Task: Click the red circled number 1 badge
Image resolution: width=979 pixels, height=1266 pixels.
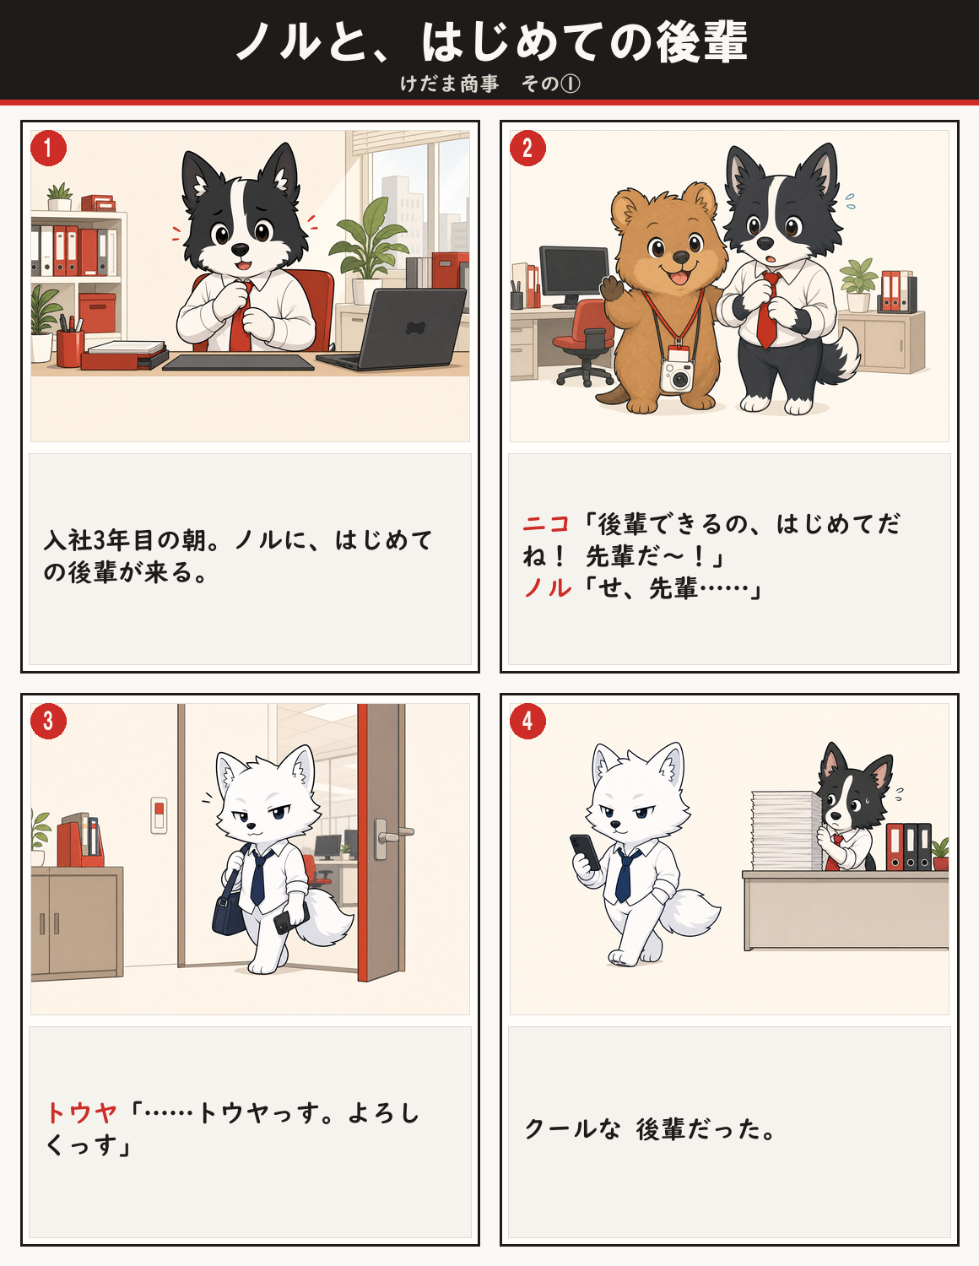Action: pyautogui.click(x=48, y=148)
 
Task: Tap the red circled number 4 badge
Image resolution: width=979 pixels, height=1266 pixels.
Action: pyautogui.click(x=527, y=722)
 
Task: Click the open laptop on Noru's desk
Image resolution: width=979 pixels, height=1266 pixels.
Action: pyautogui.click(x=402, y=328)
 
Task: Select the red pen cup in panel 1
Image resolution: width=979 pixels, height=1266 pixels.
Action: pyautogui.click(x=70, y=347)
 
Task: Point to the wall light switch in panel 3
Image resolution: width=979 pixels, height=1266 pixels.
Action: pyautogui.click(x=159, y=815)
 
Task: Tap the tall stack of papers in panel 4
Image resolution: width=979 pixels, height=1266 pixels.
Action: pyautogui.click(x=786, y=830)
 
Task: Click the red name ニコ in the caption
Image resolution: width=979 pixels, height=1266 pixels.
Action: pyautogui.click(x=545, y=524)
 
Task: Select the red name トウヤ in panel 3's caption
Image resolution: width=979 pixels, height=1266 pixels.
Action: pyautogui.click(x=82, y=1112)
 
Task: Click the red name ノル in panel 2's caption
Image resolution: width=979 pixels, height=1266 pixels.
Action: pyautogui.click(x=548, y=588)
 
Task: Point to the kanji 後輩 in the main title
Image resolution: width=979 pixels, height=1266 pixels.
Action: pyautogui.click(x=701, y=41)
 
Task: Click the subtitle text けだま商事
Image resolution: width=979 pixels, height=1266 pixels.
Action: pyautogui.click(x=450, y=84)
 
